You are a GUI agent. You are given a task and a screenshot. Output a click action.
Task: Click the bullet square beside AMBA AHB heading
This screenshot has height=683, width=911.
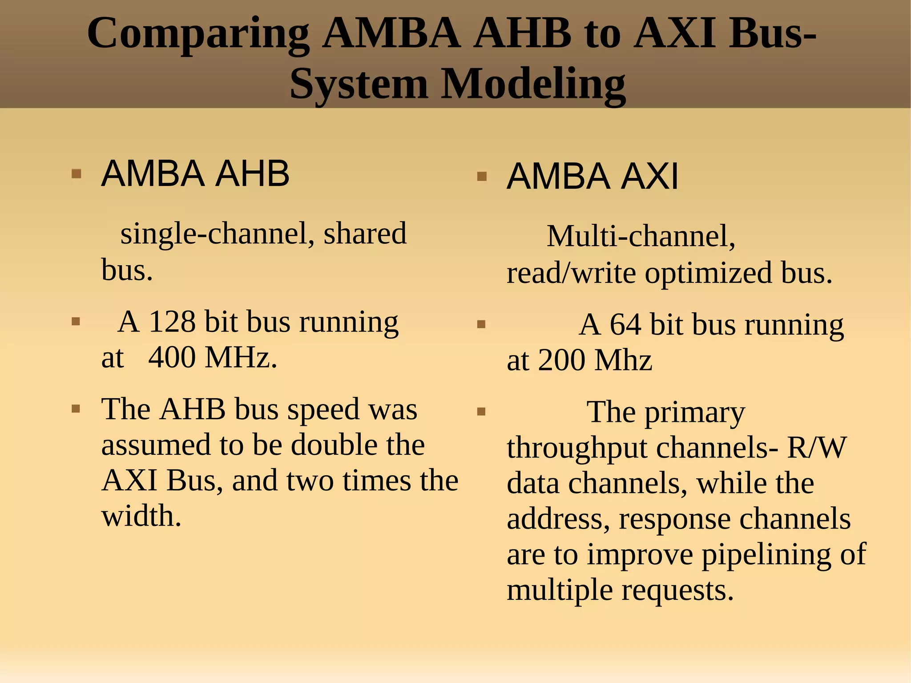(76, 174)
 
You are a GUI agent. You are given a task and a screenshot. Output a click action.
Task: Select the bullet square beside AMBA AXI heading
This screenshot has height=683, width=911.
(481, 177)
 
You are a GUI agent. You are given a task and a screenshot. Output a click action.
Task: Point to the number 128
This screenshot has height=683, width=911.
(172, 321)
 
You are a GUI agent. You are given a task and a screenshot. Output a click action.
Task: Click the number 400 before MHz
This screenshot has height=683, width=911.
(171, 357)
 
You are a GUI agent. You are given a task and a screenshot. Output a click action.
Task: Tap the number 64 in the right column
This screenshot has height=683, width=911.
(625, 324)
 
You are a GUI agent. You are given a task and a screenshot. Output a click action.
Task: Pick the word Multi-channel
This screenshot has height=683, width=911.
(641, 236)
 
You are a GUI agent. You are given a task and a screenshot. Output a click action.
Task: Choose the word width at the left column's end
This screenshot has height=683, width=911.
(141, 516)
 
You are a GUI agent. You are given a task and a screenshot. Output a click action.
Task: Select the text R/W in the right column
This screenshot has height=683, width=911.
(817, 448)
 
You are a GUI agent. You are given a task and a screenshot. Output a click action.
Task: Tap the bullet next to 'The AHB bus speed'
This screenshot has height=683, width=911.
(76, 408)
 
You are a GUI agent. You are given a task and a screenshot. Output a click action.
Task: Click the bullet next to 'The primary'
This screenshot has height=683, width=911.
(481, 412)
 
